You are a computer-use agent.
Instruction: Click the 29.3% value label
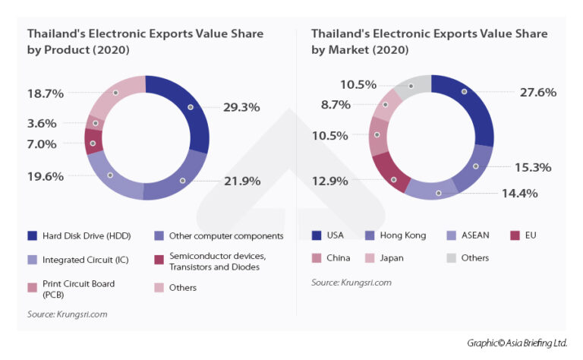click(x=241, y=107)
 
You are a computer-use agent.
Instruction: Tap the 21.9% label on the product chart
click(x=242, y=181)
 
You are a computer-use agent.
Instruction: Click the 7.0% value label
click(x=42, y=144)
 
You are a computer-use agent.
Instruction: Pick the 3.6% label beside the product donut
click(x=42, y=123)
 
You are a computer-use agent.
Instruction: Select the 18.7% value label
click(x=46, y=93)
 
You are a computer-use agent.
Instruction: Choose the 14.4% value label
click(x=518, y=193)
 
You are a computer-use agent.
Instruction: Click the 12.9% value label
click(x=330, y=181)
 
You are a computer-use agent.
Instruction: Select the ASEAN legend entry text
click(x=475, y=235)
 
